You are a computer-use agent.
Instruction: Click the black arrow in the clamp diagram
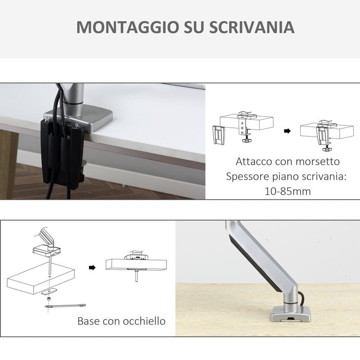pyautogui.click(x=287, y=131)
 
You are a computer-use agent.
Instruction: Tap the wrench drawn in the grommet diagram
pyautogui.click(x=65, y=306)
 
